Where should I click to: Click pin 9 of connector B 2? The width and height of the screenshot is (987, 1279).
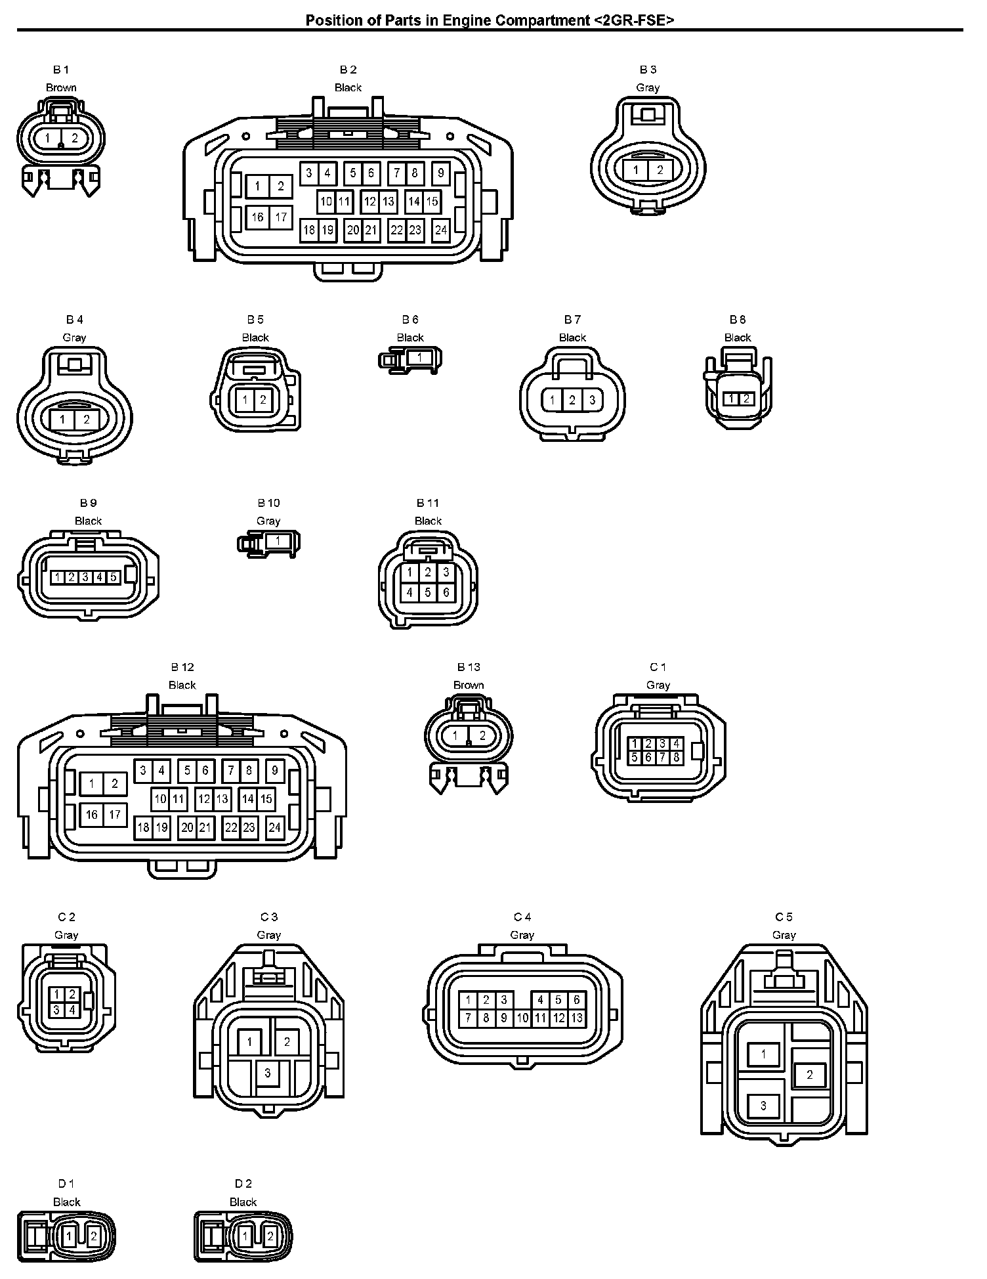[x=441, y=173]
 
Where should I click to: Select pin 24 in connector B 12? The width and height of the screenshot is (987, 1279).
[x=275, y=827]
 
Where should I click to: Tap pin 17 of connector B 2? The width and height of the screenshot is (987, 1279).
[x=281, y=217]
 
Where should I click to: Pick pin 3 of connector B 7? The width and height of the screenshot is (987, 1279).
[x=592, y=400]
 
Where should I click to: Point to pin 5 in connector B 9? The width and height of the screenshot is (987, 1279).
[x=113, y=577]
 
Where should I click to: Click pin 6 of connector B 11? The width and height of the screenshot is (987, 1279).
[x=446, y=592]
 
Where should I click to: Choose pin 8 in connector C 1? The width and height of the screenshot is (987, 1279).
[x=677, y=758]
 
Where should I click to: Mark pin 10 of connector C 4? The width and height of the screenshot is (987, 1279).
[x=522, y=1018]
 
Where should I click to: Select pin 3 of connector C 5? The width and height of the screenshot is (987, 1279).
[x=763, y=1106]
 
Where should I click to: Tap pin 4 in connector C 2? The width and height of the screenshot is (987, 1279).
[x=72, y=1010]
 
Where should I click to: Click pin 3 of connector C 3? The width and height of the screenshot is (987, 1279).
[x=268, y=1073]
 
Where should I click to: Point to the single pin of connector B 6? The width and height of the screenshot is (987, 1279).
[x=419, y=358]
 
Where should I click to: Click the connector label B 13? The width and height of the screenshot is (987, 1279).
[x=469, y=667]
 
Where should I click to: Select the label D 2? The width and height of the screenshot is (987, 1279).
[x=243, y=1184]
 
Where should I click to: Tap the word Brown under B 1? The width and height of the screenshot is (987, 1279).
[x=61, y=87]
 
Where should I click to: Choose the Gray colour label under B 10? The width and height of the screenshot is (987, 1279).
[x=268, y=521]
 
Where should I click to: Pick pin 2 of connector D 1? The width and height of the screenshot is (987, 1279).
[x=94, y=1236]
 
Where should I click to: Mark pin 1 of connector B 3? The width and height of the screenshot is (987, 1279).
[x=635, y=170]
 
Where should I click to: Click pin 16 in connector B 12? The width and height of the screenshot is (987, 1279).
[x=92, y=815]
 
